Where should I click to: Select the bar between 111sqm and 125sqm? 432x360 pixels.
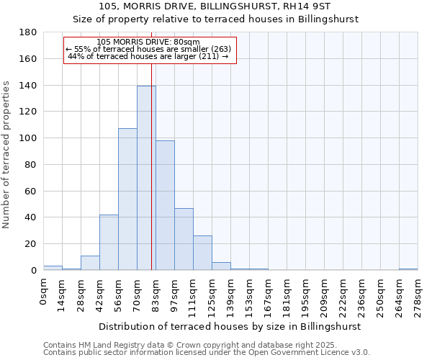click(202, 253)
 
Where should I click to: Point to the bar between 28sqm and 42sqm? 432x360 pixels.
click(90, 264)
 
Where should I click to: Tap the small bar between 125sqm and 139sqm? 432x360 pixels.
click(221, 266)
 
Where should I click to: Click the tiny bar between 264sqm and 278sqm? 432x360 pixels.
click(408, 269)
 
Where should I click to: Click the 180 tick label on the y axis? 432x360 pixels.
click(28, 32)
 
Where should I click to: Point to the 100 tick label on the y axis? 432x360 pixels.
click(28, 138)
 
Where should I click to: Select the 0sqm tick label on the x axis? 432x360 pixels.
click(43, 291)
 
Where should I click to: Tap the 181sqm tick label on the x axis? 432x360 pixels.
click(287, 295)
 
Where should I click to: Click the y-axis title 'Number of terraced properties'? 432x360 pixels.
click(7, 155)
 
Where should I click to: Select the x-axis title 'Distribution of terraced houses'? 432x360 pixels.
click(229, 326)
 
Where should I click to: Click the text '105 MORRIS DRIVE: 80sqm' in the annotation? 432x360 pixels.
click(148, 42)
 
